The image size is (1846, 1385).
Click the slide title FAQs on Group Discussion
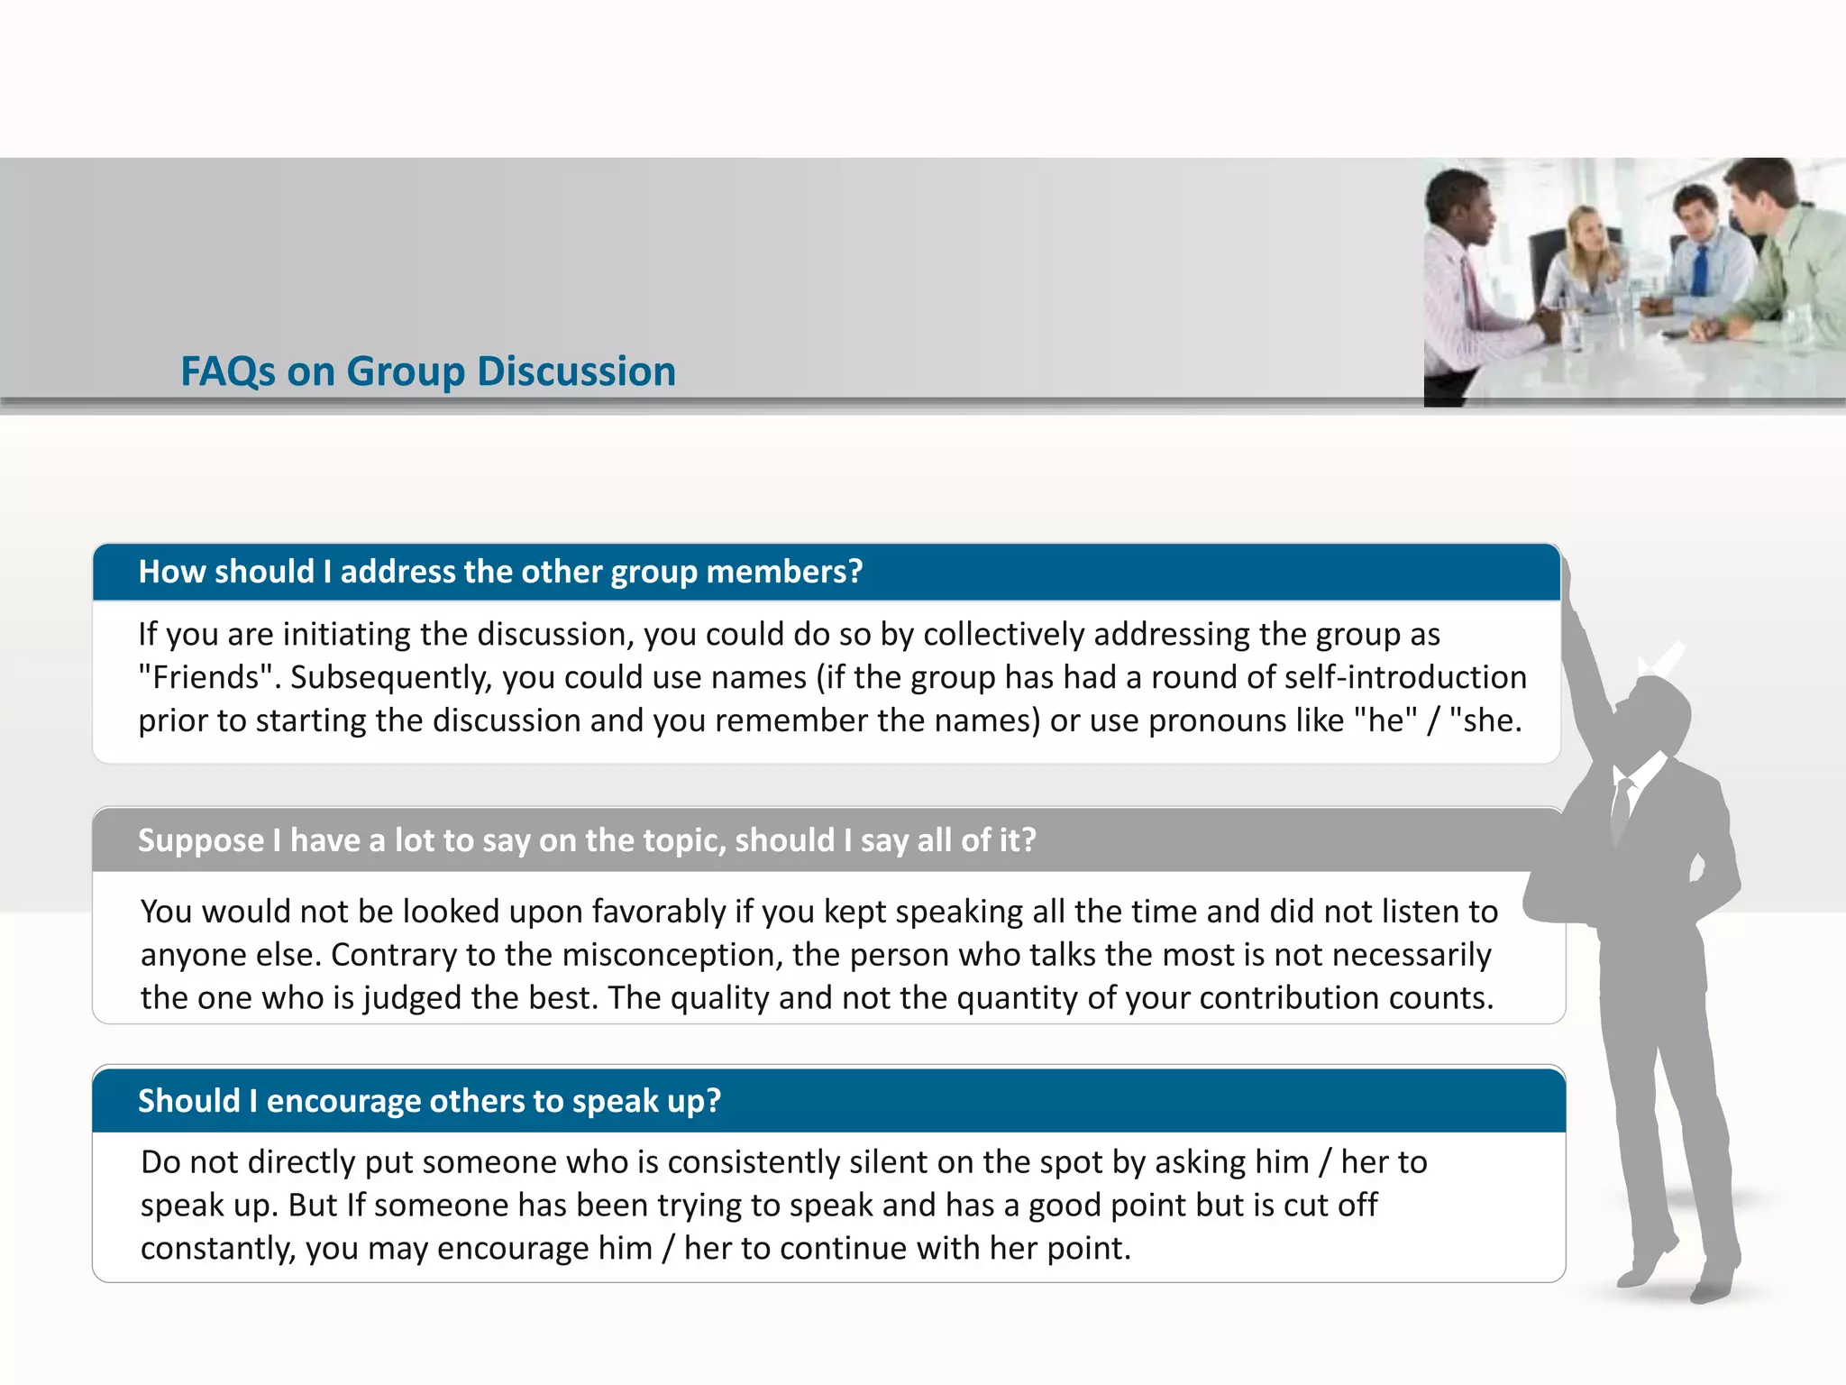click(428, 371)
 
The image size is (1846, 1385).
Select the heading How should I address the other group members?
click(500, 572)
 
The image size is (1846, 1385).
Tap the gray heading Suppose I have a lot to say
click(587, 840)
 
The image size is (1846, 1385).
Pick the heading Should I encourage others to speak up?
click(429, 1101)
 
